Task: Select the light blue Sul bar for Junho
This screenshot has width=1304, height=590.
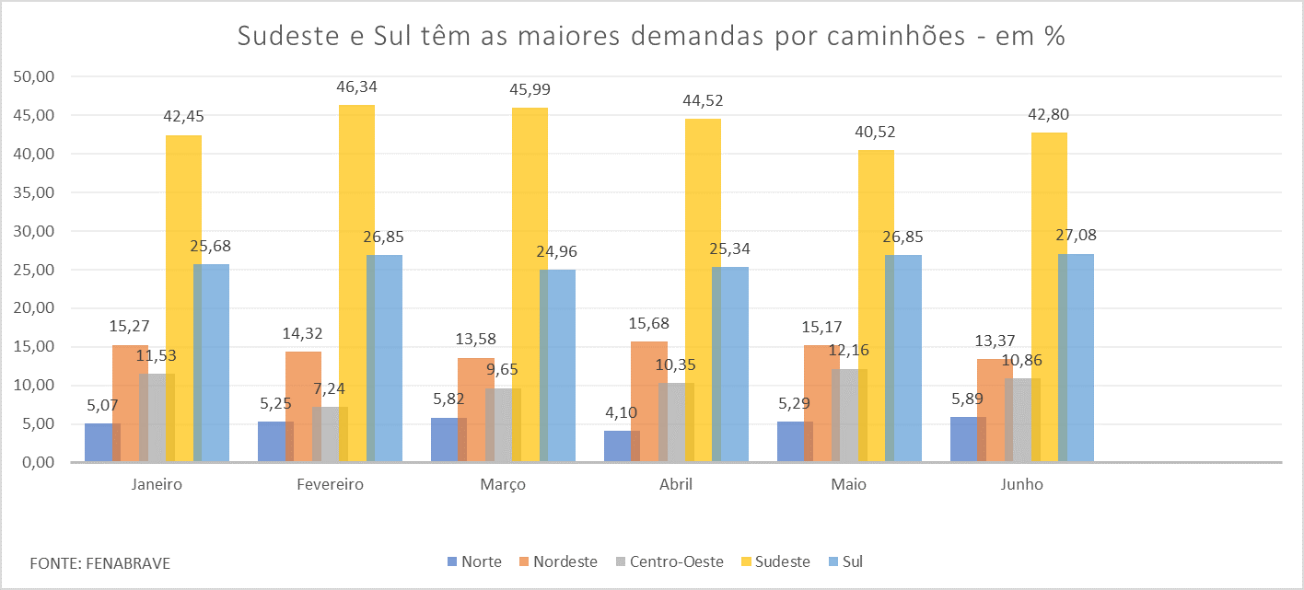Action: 1076,359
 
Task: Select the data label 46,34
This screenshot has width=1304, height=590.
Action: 356,87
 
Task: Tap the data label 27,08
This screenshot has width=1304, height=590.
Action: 1075,236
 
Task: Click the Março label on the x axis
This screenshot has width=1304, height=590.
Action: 503,485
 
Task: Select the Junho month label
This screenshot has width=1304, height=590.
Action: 1022,485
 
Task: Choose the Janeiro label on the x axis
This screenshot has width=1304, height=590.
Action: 157,485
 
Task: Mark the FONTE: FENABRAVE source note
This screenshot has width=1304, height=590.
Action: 99,562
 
